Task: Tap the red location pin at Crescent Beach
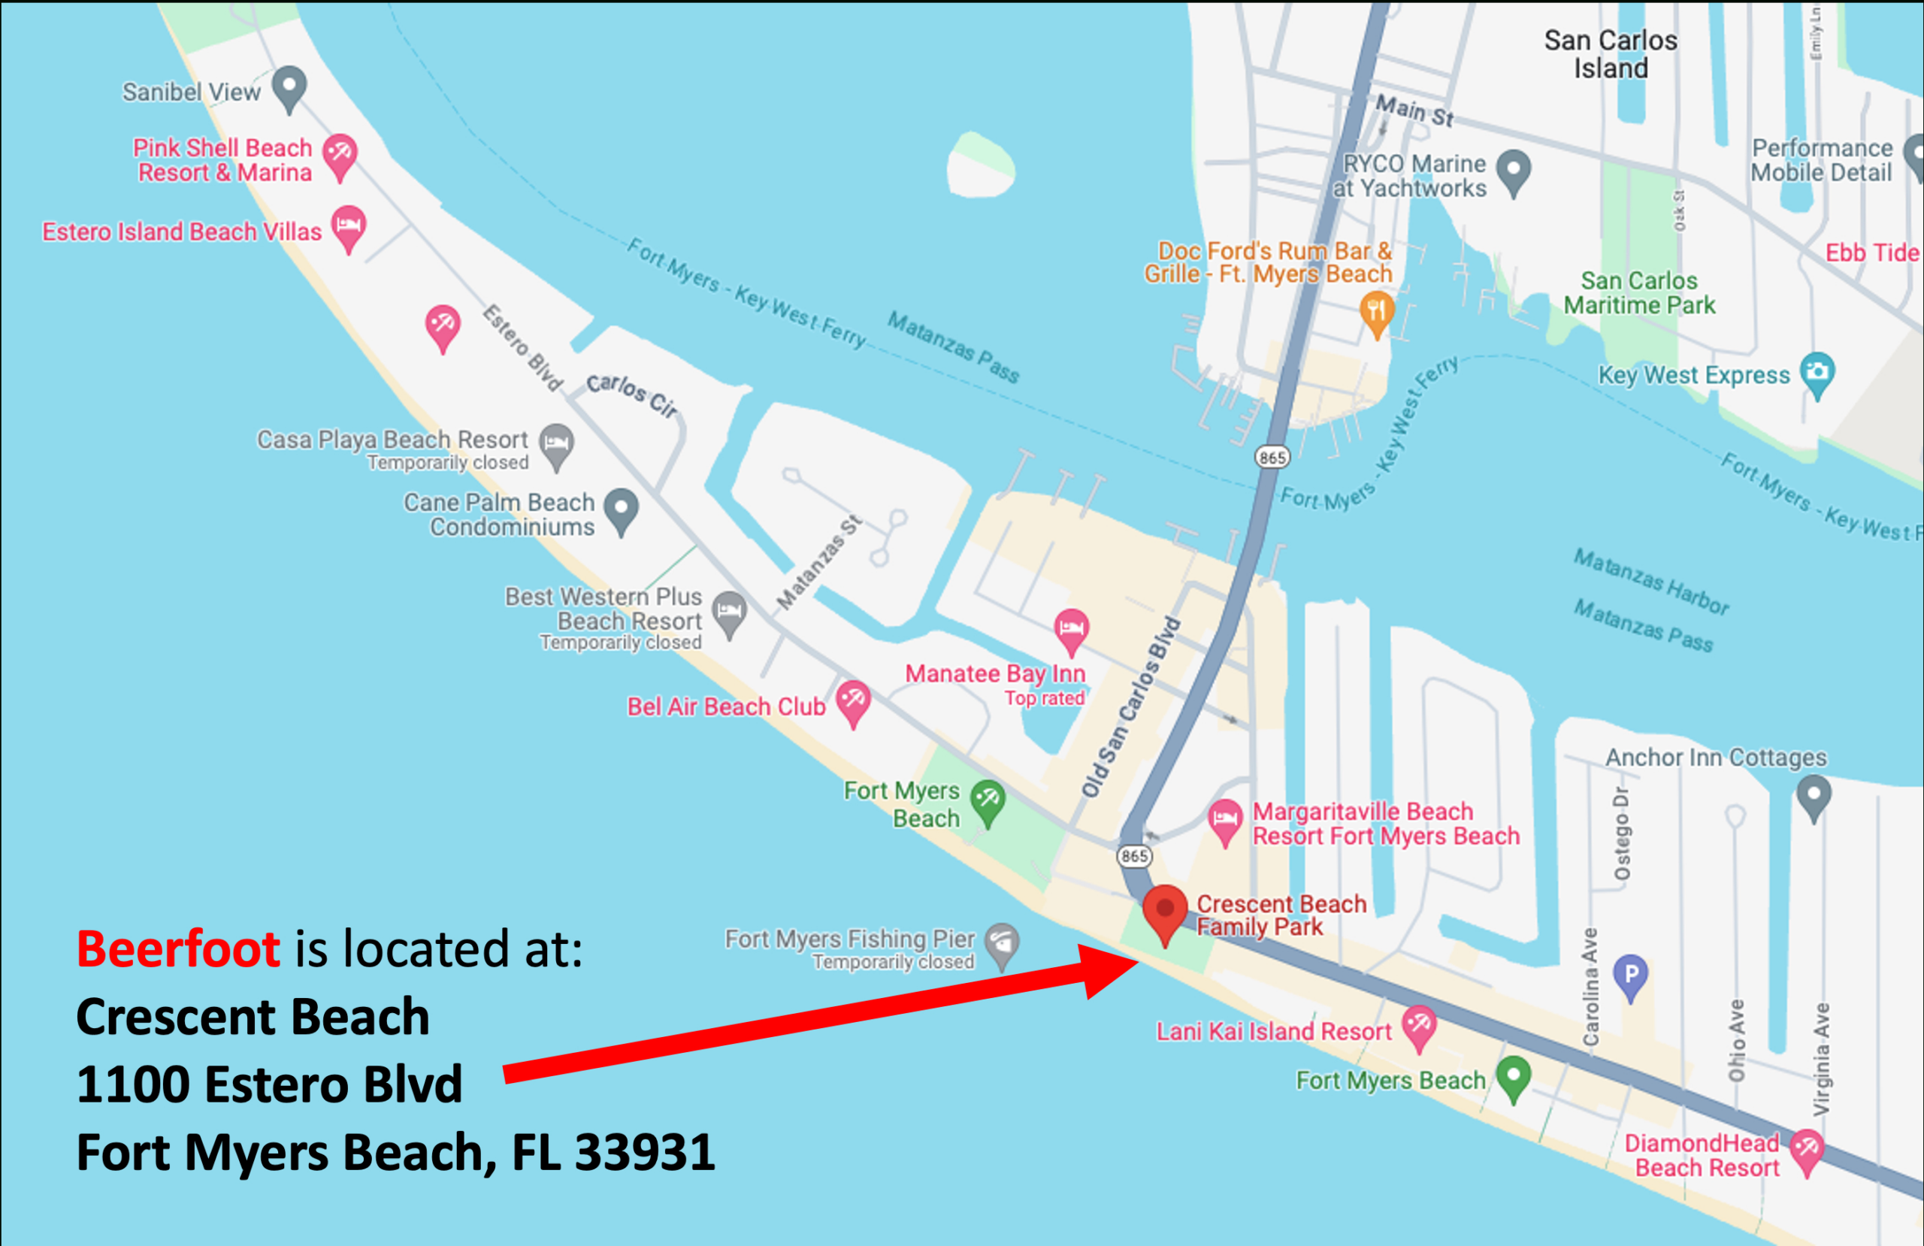pos(1165,912)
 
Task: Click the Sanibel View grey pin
pos(289,86)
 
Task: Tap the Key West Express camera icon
pos(1817,373)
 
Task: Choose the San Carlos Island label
pos(1611,54)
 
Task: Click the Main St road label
pos(1414,110)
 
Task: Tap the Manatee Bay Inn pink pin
pos(1071,629)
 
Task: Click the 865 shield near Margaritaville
pos(1134,856)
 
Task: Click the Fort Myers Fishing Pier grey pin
pos(1003,943)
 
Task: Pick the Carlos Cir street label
pos(632,395)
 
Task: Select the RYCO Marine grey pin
pos(1514,170)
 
